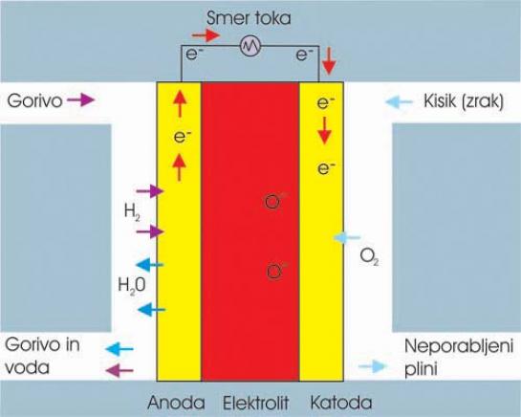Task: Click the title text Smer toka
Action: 249,18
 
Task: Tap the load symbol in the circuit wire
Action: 250,46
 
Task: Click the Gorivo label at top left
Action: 34,100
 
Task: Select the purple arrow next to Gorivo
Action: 81,99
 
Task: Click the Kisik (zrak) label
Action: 464,100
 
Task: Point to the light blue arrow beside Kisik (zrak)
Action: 399,101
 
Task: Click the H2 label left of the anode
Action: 132,211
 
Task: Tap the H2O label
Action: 132,286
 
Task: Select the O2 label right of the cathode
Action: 369,256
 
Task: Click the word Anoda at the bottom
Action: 176,403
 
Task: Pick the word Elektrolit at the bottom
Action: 255,403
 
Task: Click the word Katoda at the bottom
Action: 341,403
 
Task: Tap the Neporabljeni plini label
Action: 459,358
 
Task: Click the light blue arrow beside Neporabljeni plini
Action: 373,366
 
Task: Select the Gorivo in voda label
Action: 42,356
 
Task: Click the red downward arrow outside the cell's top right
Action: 329,61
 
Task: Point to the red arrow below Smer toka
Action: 206,35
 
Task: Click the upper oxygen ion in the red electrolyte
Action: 272,202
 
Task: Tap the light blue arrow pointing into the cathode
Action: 347,237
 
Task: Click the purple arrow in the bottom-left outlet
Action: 119,370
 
